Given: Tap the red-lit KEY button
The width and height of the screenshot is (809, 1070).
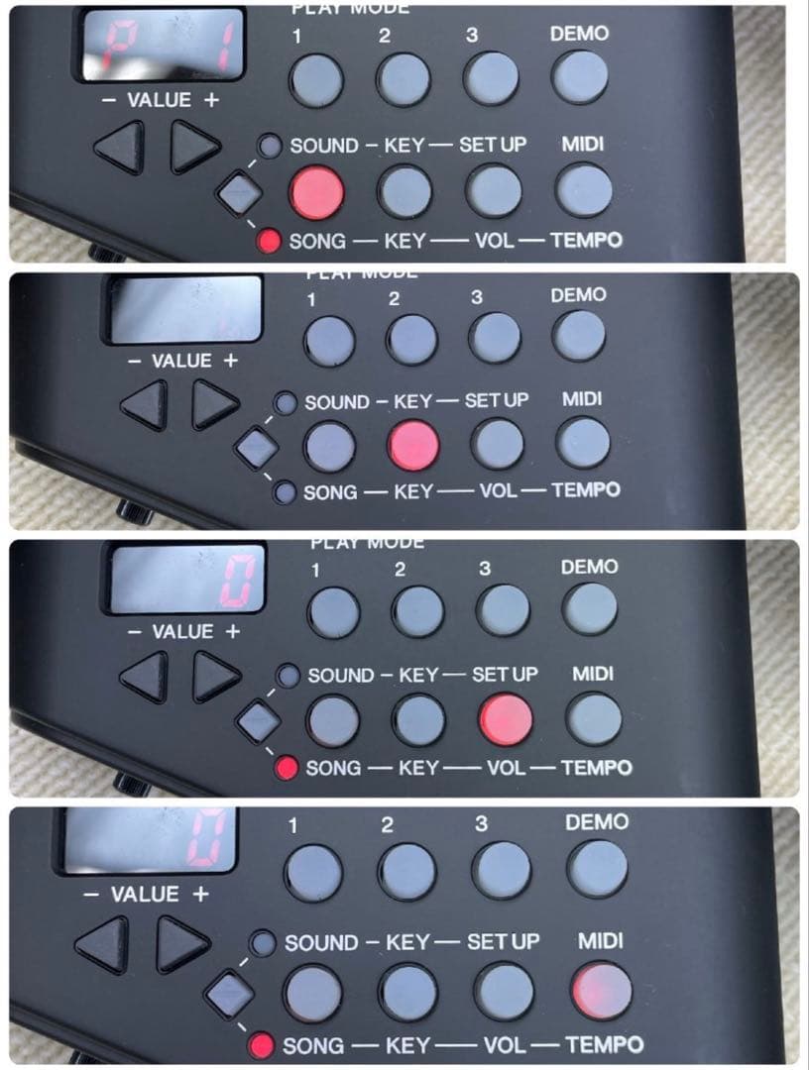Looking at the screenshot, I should click(413, 445).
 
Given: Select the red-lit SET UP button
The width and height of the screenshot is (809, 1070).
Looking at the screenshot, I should click(505, 719).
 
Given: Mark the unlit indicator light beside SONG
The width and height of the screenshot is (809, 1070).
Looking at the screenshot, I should click(286, 489).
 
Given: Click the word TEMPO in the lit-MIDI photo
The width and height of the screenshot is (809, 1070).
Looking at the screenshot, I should click(605, 1044).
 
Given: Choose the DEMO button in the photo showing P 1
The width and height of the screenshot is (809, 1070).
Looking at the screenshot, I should click(580, 76).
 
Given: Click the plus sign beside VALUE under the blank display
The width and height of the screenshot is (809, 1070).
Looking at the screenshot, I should click(230, 362).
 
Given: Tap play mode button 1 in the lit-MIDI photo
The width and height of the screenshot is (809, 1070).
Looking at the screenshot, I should click(313, 870).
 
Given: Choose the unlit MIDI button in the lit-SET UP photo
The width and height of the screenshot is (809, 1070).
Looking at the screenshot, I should click(593, 719).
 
